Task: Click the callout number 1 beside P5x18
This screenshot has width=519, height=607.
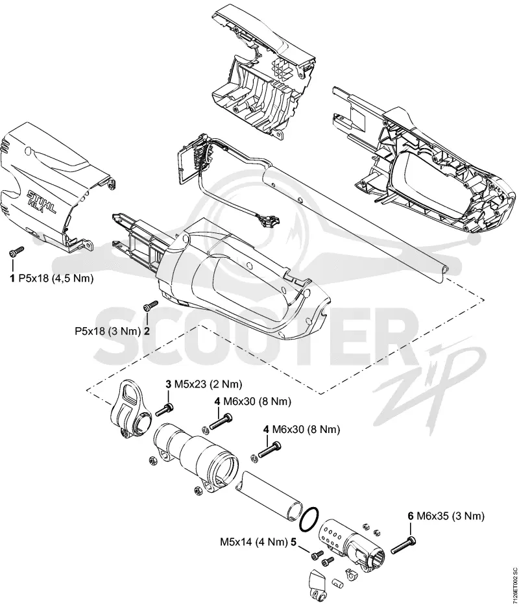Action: coord(12,279)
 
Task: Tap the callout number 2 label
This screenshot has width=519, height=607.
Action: coord(147,331)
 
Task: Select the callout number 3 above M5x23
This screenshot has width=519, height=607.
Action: coord(168,384)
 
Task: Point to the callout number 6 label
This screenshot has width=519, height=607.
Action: coord(411,515)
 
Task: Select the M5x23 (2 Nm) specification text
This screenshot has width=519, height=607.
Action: coord(208,385)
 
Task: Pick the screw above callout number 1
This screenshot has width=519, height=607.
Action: coord(16,252)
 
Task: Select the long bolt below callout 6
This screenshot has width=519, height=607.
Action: coord(403,545)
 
